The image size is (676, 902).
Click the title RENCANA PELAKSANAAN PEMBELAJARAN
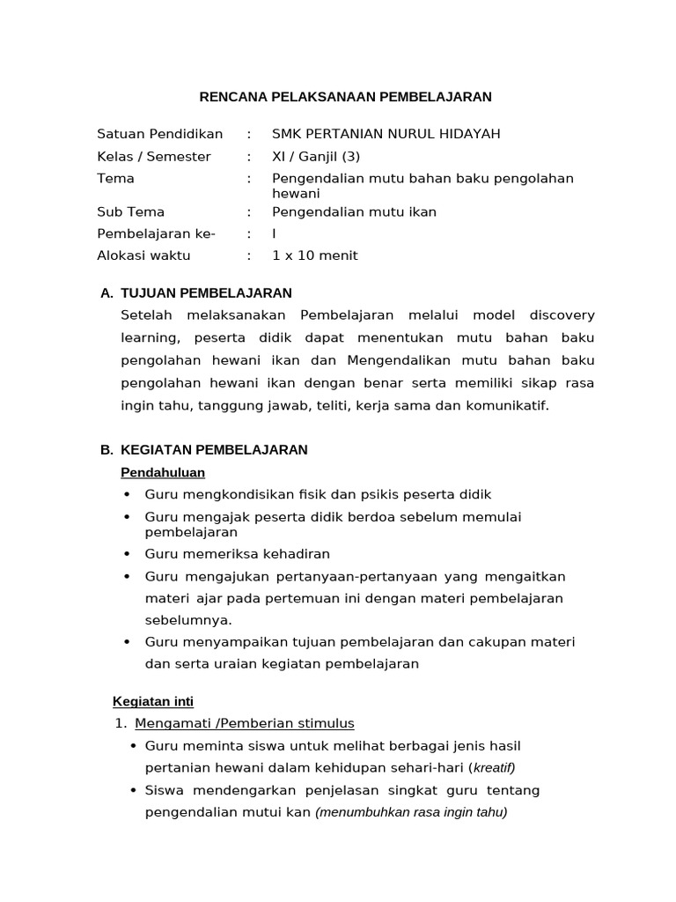(x=343, y=97)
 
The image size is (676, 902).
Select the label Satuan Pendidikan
(x=160, y=134)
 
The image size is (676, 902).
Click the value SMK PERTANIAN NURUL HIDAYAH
(x=386, y=134)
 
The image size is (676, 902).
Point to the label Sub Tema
(x=130, y=211)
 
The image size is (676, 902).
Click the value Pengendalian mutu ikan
(x=354, y=211)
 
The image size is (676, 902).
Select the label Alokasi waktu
(x=143, y=255)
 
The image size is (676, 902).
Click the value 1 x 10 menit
(x=315, y=255)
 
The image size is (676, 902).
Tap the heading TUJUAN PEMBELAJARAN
(x=206, y=292)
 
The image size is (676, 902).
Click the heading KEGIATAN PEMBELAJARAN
(x=214, y=449)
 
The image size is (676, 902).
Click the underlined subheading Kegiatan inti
(x=153, y=701)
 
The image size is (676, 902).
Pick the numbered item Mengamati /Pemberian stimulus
(x=245, y=723)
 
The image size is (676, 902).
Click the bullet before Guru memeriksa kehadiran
(x=129, y=554)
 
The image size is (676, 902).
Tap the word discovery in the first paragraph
(x=556, y=315)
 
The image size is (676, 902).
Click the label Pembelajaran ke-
(x=156, y=233)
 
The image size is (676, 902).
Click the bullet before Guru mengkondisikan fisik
(x=129, y=495)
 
